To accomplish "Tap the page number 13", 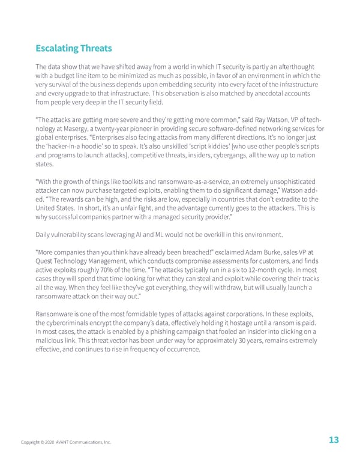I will (x=334, y=440).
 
